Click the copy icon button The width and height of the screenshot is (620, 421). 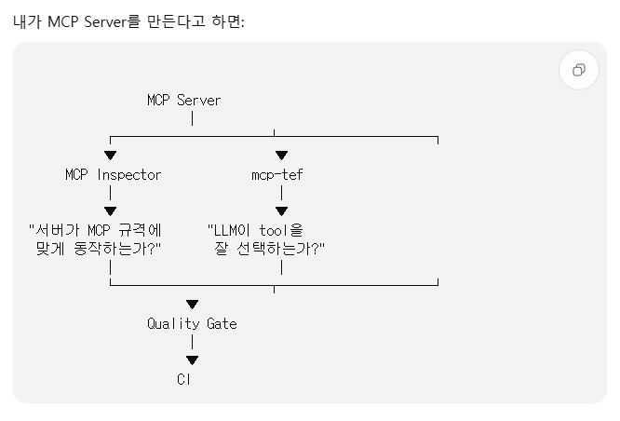pos(579,70)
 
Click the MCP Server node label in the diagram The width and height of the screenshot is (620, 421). pos(184,101)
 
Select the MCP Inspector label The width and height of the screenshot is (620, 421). pos(113,174)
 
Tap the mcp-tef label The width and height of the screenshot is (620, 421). pos(277,174)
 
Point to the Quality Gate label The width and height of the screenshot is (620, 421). pos(192,323)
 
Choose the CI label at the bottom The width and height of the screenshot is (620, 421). pos(184,379)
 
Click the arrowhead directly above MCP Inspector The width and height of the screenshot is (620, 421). pos(111,156)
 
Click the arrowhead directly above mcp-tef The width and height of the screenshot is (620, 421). pos(281,156)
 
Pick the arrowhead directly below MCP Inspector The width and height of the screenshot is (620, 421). pos(111,211)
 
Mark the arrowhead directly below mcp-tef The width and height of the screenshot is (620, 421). pos(281,211)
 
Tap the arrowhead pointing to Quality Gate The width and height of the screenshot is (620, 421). pos(192,305)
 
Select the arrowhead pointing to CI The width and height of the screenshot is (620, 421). pos(192,360)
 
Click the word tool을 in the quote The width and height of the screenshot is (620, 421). pos(281,230)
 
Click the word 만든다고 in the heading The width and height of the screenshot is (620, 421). pos(176,21)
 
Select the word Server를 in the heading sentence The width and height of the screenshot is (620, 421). pos(113,21)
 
